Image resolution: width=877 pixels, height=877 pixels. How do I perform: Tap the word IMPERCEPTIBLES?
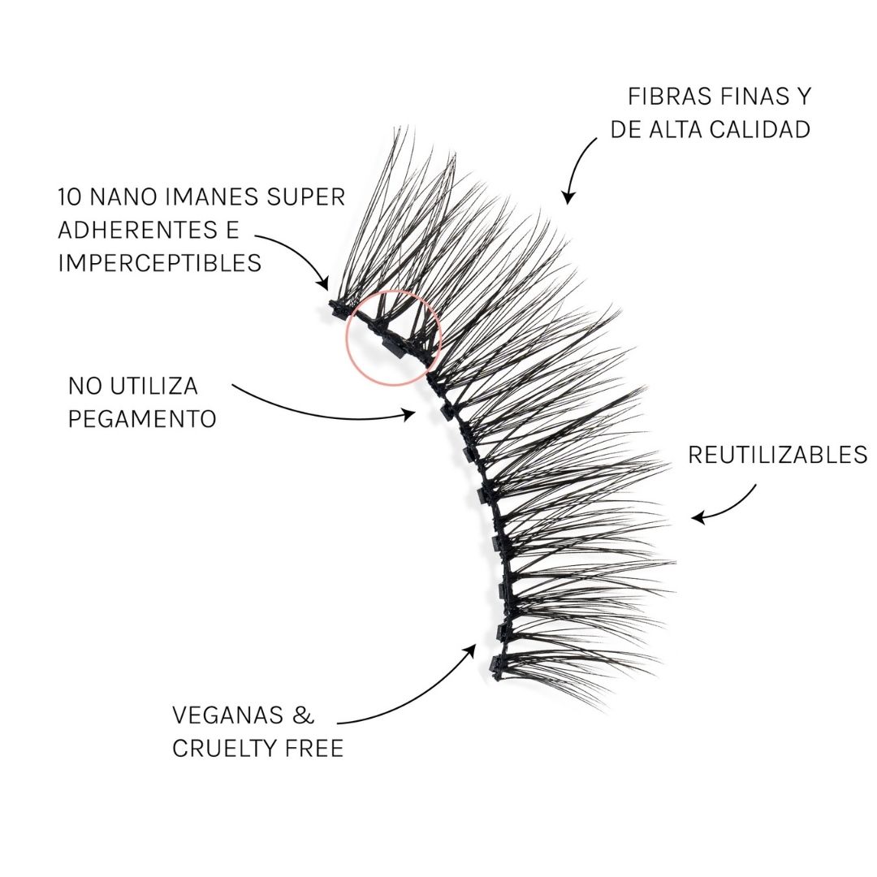160,263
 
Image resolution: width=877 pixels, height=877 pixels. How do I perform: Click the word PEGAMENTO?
142,419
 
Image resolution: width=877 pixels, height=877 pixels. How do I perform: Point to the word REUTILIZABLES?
777,455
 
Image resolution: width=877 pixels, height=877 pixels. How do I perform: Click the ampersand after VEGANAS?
303,715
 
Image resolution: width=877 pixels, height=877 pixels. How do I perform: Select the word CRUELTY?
225,749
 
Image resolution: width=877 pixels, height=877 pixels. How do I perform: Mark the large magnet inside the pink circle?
393,348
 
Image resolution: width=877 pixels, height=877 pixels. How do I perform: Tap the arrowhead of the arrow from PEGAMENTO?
410,414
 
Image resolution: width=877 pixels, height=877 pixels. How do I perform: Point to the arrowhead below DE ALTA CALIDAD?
568,197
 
